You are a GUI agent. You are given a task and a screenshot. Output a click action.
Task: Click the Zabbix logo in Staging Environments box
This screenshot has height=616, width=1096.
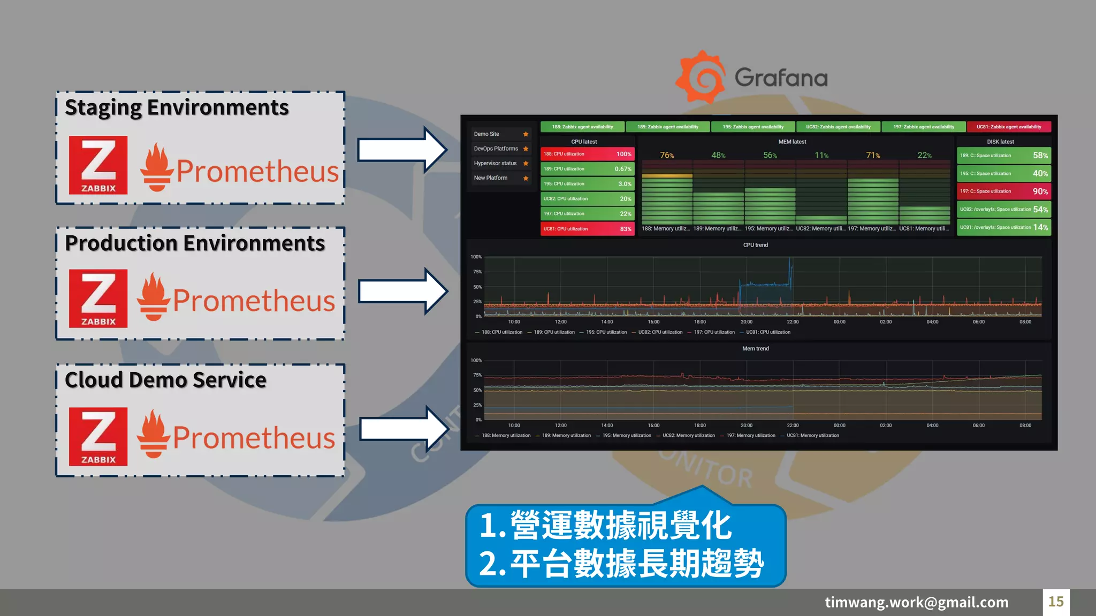click(98, 165)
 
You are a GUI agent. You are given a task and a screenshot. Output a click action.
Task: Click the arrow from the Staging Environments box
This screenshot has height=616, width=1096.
click(401, 150)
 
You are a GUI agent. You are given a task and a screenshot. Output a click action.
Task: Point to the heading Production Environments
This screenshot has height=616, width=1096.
click(195, 243)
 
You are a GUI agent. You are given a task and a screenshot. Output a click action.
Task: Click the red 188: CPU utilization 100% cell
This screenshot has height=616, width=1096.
click(587, 154)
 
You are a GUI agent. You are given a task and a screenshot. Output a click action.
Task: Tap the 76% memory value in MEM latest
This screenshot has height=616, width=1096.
click(667, 156)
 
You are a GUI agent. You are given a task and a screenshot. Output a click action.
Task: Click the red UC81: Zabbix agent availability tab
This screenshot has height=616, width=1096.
click(1009, 127)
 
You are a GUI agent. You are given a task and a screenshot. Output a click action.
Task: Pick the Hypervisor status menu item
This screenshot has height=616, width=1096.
click(495, 163)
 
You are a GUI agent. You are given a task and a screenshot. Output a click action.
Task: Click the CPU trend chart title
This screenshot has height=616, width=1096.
click(755, 245)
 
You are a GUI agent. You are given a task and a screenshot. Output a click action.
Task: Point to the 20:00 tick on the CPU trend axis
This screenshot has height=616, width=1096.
click(746, 322)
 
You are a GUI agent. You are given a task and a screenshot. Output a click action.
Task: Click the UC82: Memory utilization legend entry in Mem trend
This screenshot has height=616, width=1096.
click(688, 435)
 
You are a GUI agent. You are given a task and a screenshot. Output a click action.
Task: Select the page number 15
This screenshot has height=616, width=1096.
click(1055, 602)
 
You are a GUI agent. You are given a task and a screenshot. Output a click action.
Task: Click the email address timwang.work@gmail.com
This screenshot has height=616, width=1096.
click(916, 602)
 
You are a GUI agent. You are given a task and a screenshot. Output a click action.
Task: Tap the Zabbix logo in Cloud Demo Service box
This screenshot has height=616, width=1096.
click(98, 436)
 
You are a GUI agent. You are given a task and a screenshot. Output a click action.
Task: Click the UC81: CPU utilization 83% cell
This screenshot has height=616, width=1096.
click(587, 229)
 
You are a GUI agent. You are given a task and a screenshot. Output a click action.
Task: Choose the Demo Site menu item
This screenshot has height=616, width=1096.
click(486, 134)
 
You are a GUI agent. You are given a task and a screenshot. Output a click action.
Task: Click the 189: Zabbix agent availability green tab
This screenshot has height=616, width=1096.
click(668, 127)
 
